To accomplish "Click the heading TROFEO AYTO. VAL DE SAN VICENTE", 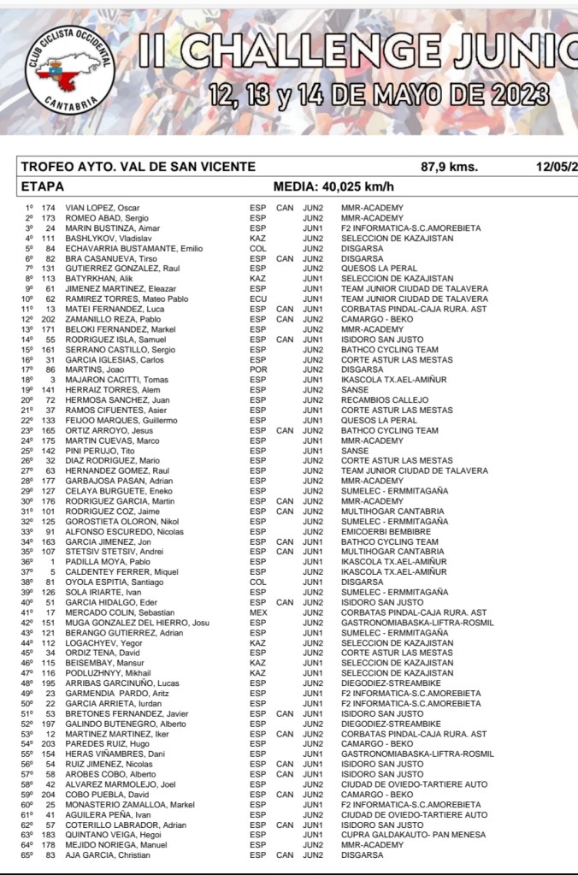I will click(x=138, y=167).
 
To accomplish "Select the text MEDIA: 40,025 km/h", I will click(x=333, y=187).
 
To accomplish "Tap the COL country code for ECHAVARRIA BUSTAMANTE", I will click(x=257, y=249).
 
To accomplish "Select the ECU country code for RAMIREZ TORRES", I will click(x=257, y=299).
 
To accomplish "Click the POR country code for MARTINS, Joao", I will click(x=257, y=370).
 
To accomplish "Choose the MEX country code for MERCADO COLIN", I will click(x=257, y=612).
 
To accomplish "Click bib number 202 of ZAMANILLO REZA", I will click(x=48, y=319).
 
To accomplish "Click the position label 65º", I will click(x=27, y=855).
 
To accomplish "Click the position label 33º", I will click(x=27, y=531).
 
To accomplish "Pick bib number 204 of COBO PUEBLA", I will click(x=48, y=795).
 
